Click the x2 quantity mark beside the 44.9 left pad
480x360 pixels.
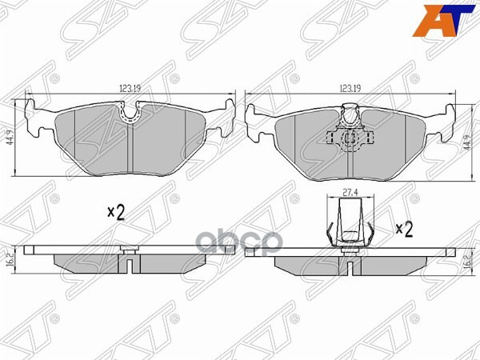(118, 212)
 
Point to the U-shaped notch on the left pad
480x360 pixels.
(130, 115)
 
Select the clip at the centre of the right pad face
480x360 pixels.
(350, 136)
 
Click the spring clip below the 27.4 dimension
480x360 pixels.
(350, 226)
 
